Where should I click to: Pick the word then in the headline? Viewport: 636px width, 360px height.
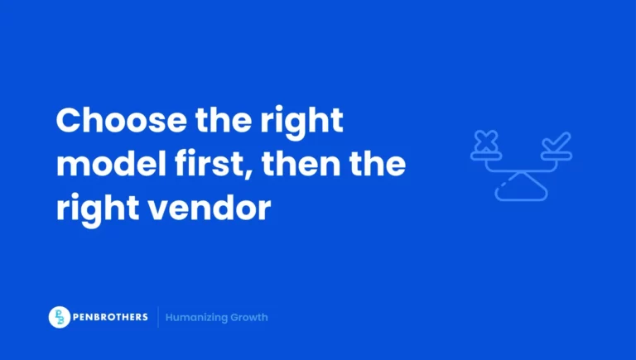pyautogui.click(x=307, y=164)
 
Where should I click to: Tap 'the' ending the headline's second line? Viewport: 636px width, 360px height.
pyautogui.click(x=378, y=164)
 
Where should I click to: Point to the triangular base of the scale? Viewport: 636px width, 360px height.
pyautogui.click(x=521, y=188)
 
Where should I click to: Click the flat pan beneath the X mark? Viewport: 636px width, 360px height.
pyautogui.click(x=486, y=155)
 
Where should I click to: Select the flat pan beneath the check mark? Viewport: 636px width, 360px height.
pyautogui.click(x=556, y=155)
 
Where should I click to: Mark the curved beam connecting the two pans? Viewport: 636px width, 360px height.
pyautogui.click(x=521, y=168)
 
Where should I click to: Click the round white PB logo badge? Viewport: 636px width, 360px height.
pyautogui.click(x=60, y=317)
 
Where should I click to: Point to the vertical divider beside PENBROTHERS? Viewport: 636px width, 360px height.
pyautogui.click(x=157, y=317)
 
